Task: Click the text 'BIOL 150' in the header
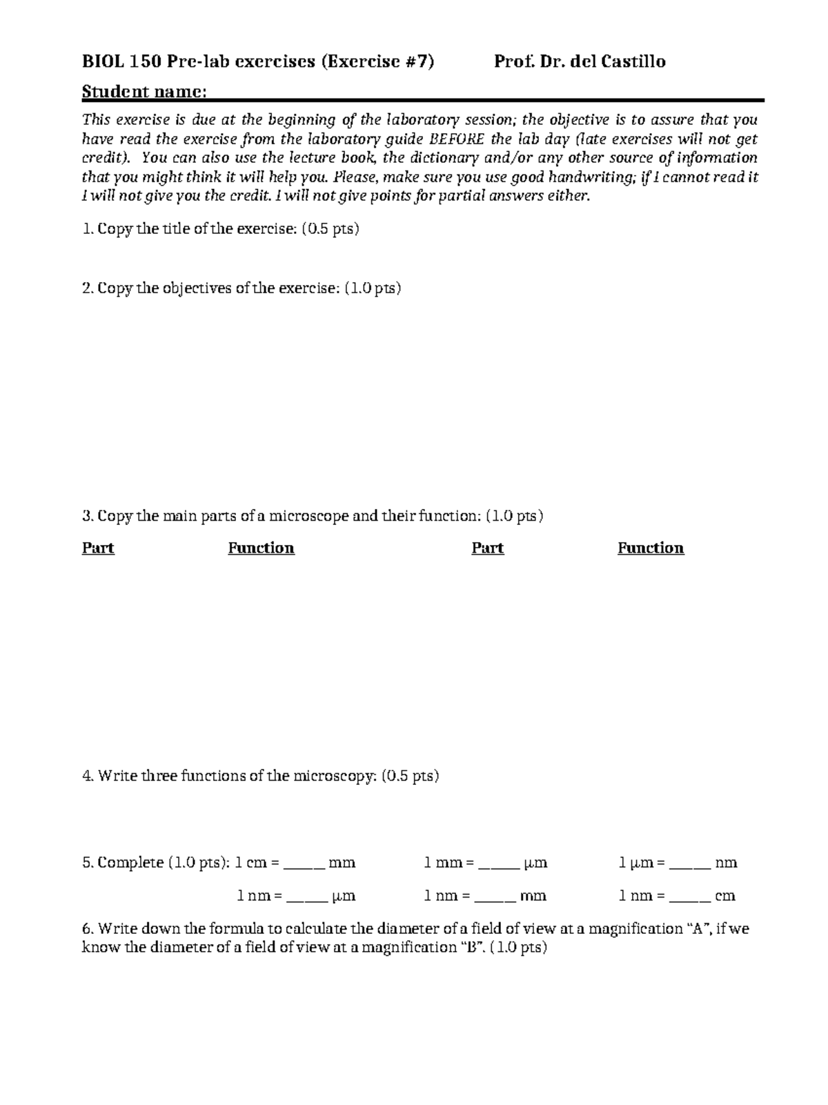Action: click(121, 62)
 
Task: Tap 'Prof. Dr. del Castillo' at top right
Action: click(580, 62)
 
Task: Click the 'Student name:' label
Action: click(144, 92)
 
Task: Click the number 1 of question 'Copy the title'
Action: click(86, 229)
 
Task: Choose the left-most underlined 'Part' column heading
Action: click(98, 548)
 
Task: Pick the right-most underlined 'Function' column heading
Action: click(650, 548)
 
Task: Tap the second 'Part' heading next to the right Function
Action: click(487, 548)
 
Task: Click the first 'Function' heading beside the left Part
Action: click(261, 548)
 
